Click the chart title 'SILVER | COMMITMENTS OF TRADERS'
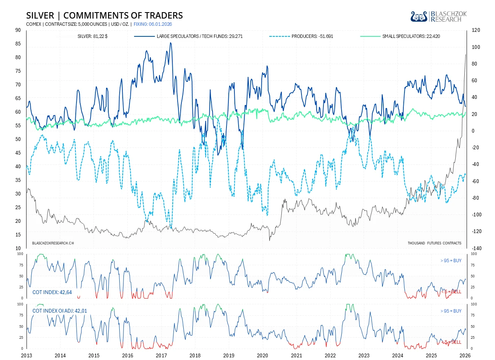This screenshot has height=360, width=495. pyautogui.click(x=105, y=16)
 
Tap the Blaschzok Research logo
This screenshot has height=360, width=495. pyautogui.click(x=439, y=17)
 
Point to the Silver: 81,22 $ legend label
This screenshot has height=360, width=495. pyautogui.click(x=92, y=36)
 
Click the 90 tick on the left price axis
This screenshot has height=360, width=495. pyautogui.click(x=18, y=30)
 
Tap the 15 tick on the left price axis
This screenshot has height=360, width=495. pyautogui.click(x=18, y=235)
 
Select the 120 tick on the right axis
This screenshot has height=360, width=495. pyautogui.click(x=476, y=30)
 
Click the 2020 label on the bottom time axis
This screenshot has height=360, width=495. pyautogui.click(x=262, y=355)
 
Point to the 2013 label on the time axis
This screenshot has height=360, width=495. pyautogui.click(x=27, y=355)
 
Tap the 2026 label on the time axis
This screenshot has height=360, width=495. pyautogui.click(x=465, y=355)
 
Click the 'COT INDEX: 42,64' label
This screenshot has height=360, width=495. pyautogui.click(x=52, y=293)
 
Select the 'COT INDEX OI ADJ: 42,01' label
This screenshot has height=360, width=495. pyautogui.click(x=59, y=311)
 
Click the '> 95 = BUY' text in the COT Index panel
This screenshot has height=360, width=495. pyautogui.click(x=451, y=261)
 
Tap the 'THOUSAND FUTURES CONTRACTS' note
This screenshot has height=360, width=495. pyautogui.click(x=434, y=243)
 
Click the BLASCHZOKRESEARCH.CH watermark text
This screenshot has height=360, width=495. pyautogui.click(x=53, y=243)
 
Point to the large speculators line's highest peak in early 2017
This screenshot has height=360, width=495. pyautogui.click(x=170, y=43)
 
